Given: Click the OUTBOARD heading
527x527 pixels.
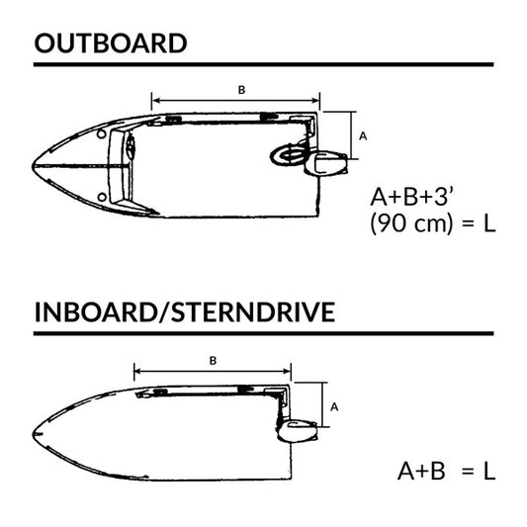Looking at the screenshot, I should (x=110, y=44).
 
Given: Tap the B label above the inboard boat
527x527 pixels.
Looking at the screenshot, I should (x=213, y=361).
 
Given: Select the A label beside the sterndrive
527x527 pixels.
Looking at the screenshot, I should (x=335, y=405).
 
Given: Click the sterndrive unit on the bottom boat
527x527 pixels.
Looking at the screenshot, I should (x=298, y=429).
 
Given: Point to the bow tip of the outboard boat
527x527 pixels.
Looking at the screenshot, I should (x=36, y=161).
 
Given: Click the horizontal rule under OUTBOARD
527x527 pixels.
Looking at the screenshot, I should (x=263, y=64).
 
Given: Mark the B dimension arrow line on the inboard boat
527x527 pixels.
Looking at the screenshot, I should (x=213, y=371).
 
